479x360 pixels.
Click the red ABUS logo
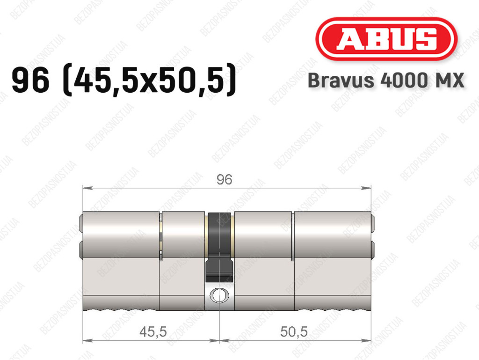pyautogui.click(x=386, y=39)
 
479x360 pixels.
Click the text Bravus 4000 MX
pyautogui.click(x=386, y=81)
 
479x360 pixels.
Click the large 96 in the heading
pyautogui.click(x=30, y=80)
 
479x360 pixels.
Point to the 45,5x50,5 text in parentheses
pyautogui.click(x=149, y=80)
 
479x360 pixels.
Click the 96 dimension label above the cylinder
pyautogui.click(x=224, y=179)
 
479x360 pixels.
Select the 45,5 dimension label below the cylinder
pyautogui.click(x=153, y=331)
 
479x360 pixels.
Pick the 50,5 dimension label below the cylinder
pyautogui.click(x=294, y=331)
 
